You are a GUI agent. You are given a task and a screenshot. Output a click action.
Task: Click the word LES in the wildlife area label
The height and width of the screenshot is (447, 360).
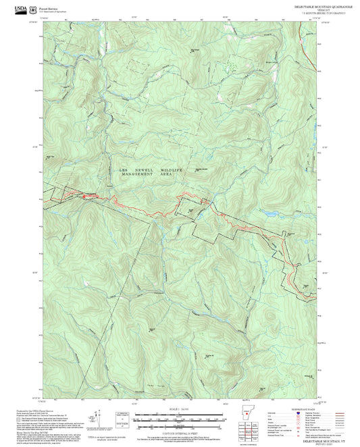pos(124,169)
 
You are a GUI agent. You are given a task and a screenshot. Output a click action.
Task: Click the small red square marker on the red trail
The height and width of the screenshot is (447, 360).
pos(85,197)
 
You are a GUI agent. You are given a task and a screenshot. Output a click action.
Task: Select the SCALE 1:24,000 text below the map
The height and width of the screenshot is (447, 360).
pos(180,409)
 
